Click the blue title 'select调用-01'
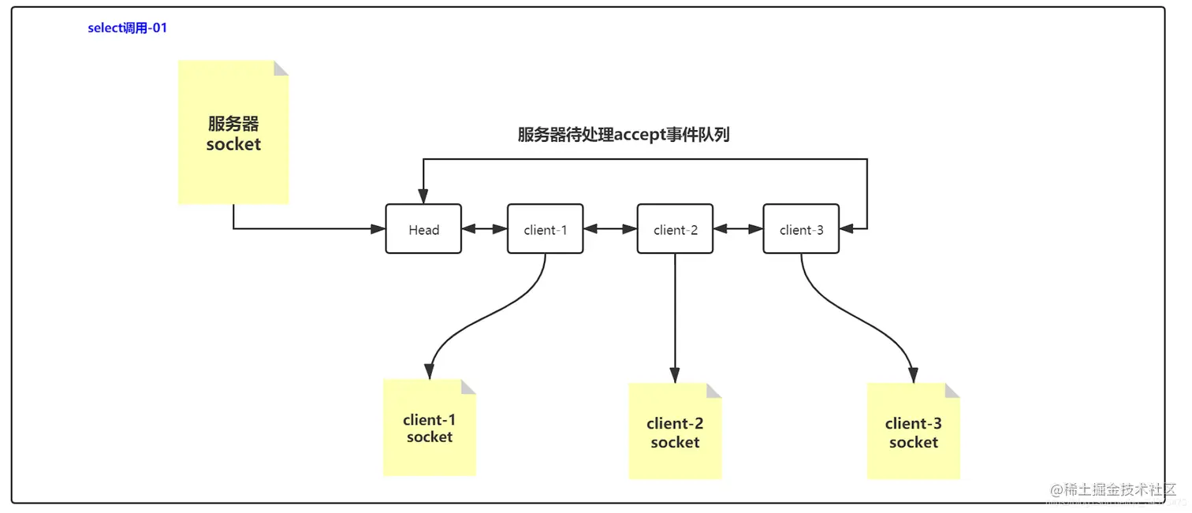pos(127,28)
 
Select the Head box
pos(423,229)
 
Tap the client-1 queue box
pos(546,229)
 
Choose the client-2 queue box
pos(676,229)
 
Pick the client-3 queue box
pos(801,229)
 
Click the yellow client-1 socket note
pos(430,429)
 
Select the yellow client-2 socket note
pos(675,433)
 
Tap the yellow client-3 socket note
pos(913,433)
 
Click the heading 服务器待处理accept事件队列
pos(623,135)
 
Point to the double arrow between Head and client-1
pos(484,229)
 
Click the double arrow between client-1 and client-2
pos(610,229)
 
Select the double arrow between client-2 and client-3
pos(738,229)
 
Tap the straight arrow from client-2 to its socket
pos(676,315)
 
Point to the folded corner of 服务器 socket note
pos(281,67)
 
